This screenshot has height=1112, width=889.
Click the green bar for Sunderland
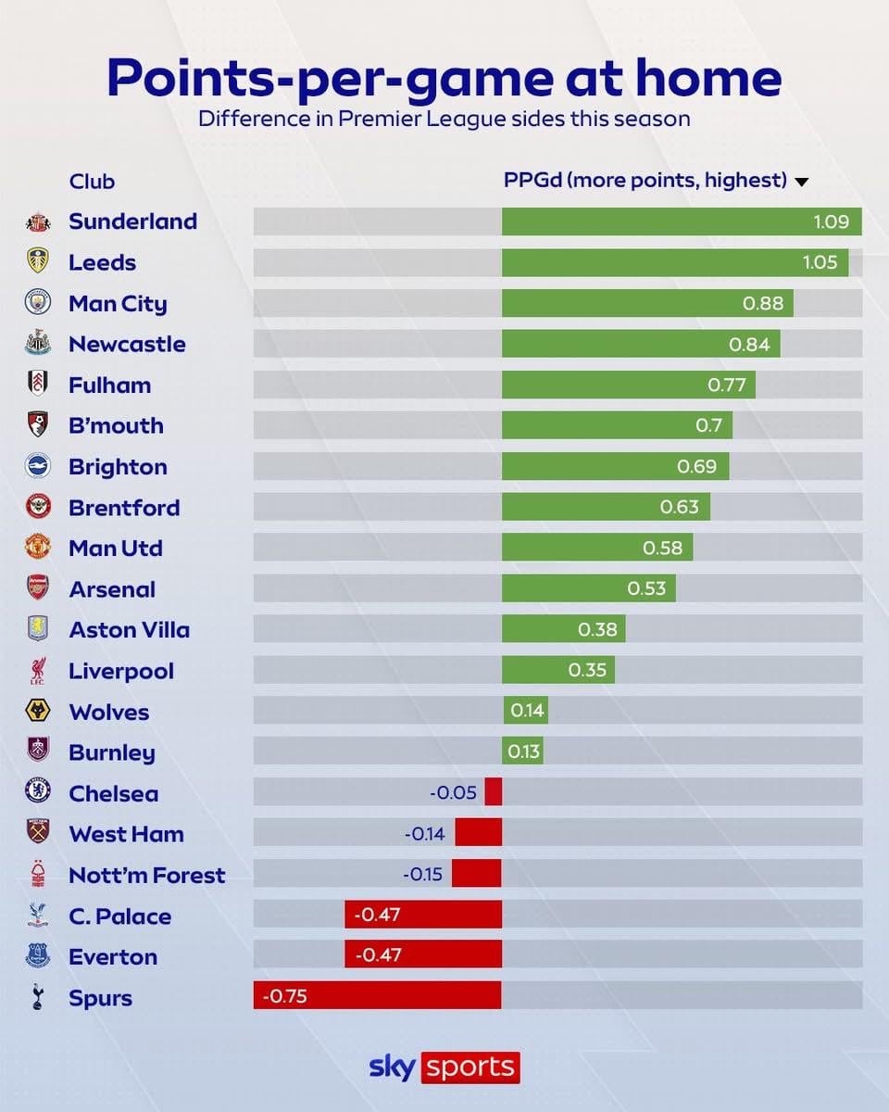click(682, 221)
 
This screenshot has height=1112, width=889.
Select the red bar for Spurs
click(377, 997)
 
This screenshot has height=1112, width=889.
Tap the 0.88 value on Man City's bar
click(763, 303)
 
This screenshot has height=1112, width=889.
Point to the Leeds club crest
click(38, 262)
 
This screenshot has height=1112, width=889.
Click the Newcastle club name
click(127, 344)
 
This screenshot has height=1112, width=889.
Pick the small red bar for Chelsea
click(493, 792)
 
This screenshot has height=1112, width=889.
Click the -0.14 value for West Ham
click(425, 834)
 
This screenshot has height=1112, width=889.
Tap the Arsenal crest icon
click(38, 588)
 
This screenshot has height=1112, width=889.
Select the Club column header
click(92, 181)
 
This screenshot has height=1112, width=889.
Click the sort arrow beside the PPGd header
click(802, 182)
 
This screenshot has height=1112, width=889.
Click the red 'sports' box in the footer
click(470, 1067)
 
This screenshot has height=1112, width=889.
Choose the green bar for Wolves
click(525, 711)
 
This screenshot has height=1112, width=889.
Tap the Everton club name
click(113, 956)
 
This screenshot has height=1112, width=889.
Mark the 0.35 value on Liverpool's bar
click(587, 670)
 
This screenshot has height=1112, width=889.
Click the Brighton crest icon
click(38, 466)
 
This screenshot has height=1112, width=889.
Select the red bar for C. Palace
click(423, 916)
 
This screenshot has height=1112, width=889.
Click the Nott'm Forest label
click(146, 875)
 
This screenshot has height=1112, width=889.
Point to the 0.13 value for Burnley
click(524, 752)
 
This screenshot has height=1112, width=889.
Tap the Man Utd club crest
click(38, 548)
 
